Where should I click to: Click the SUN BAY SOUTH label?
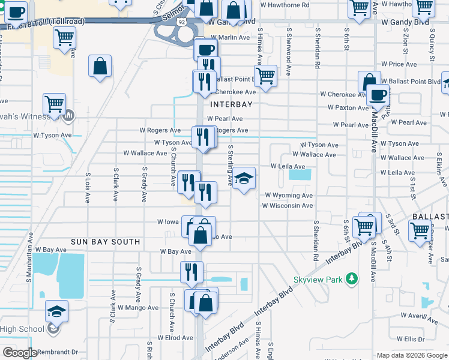coord(105,242)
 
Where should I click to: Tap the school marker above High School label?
coord(56,311)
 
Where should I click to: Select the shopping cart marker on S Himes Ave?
coord(265,76)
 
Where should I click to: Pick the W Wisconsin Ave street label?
coord(287,206)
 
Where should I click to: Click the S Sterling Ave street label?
coord(230,165)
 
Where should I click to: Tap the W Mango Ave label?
coord(138,308)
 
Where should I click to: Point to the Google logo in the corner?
coord(20,353)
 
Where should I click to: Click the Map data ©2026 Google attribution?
coord(411,355)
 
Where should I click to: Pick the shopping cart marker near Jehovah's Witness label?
coord(54,104)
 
